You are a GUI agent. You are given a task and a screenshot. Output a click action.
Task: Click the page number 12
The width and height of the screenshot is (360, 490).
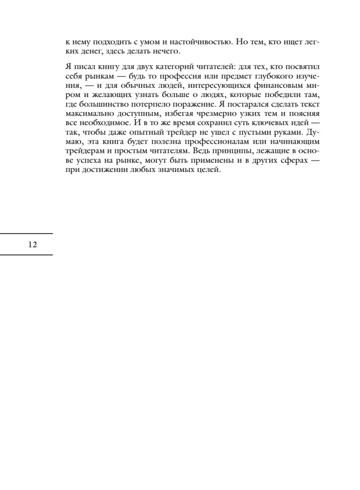pos(33,245)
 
